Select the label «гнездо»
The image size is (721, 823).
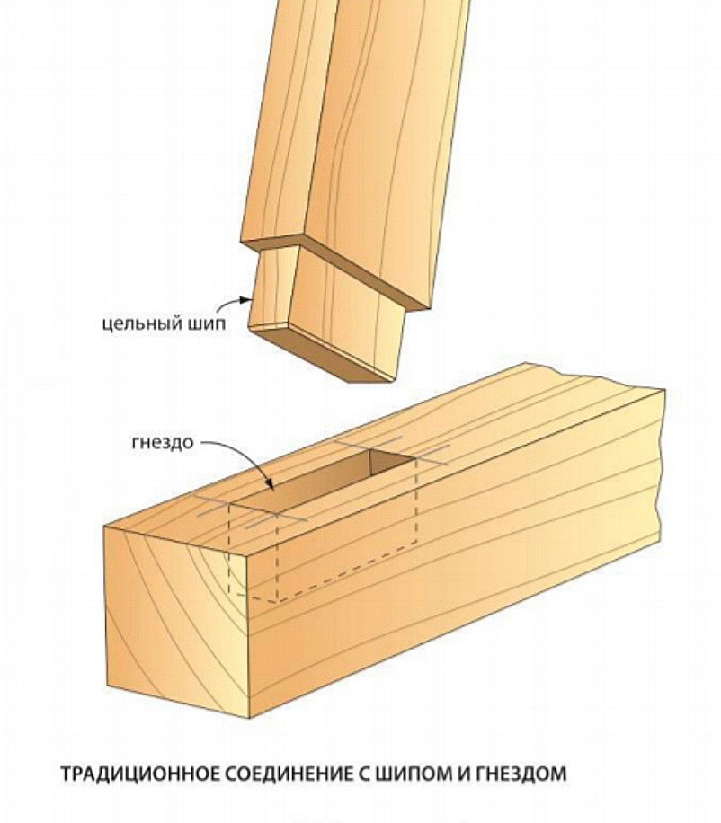162,442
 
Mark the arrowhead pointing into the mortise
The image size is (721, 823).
270,485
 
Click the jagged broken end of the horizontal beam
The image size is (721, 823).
661,462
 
